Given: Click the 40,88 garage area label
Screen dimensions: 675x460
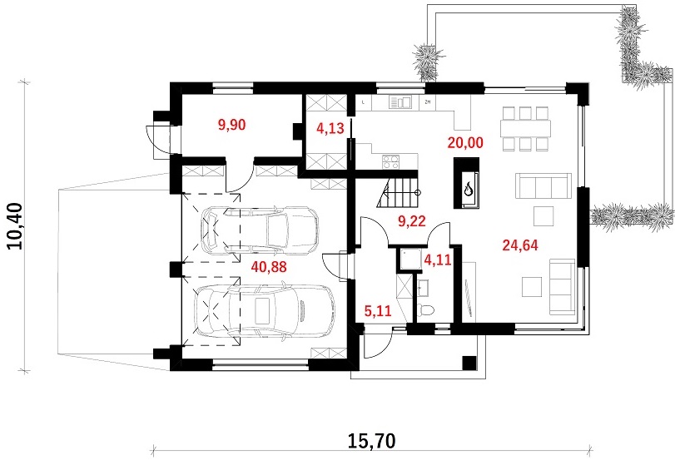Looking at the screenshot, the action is tap(269, 267).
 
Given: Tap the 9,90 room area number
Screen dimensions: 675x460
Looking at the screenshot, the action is tap(232, 126).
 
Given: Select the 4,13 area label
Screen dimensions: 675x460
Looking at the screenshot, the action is tap(330, 128).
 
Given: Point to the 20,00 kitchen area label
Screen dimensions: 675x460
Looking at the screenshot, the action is tap(465, 142).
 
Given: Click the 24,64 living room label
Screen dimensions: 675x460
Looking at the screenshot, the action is tap(520, 245).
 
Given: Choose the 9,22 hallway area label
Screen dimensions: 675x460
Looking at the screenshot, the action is tap(412, 221).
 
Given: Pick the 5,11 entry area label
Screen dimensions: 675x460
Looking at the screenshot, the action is tap(378, 310).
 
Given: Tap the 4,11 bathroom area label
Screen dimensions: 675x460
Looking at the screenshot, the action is tap(438, 260).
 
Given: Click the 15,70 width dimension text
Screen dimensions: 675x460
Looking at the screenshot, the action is tap(371, 441).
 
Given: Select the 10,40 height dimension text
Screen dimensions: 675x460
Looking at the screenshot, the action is tap(16, 226).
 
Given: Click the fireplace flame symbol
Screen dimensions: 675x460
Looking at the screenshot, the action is tap(468, 189).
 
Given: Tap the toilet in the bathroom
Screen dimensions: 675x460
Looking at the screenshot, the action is tap(426, 309).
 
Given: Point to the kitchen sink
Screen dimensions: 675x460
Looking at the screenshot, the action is tap(400, 102).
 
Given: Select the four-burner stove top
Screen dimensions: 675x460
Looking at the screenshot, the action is tap(391, 161).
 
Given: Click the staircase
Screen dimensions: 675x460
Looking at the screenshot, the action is tap(397, 193).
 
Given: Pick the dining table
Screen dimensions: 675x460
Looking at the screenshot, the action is tap(525, 128).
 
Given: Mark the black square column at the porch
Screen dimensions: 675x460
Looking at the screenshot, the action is tap(469, 364).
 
